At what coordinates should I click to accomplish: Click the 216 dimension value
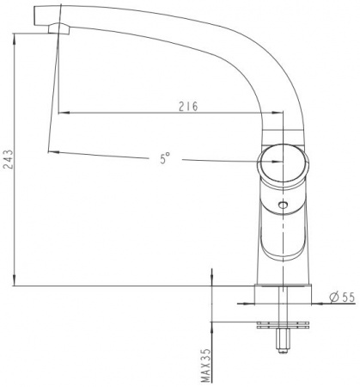188,106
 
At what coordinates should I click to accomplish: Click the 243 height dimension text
9,159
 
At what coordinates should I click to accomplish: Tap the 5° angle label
165,158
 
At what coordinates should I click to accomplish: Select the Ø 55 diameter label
342,298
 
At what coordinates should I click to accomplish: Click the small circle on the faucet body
283,205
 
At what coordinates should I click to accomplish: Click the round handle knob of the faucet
283,163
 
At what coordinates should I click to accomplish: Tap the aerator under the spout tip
59,28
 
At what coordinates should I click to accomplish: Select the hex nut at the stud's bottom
283,341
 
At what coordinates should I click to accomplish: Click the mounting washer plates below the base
283,325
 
